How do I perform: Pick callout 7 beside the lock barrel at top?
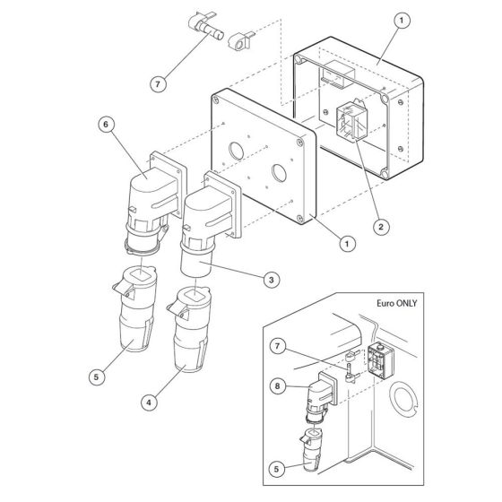[159, 84]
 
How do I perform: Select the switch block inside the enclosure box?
[351, 125]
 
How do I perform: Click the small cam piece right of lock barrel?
[241, 40]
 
